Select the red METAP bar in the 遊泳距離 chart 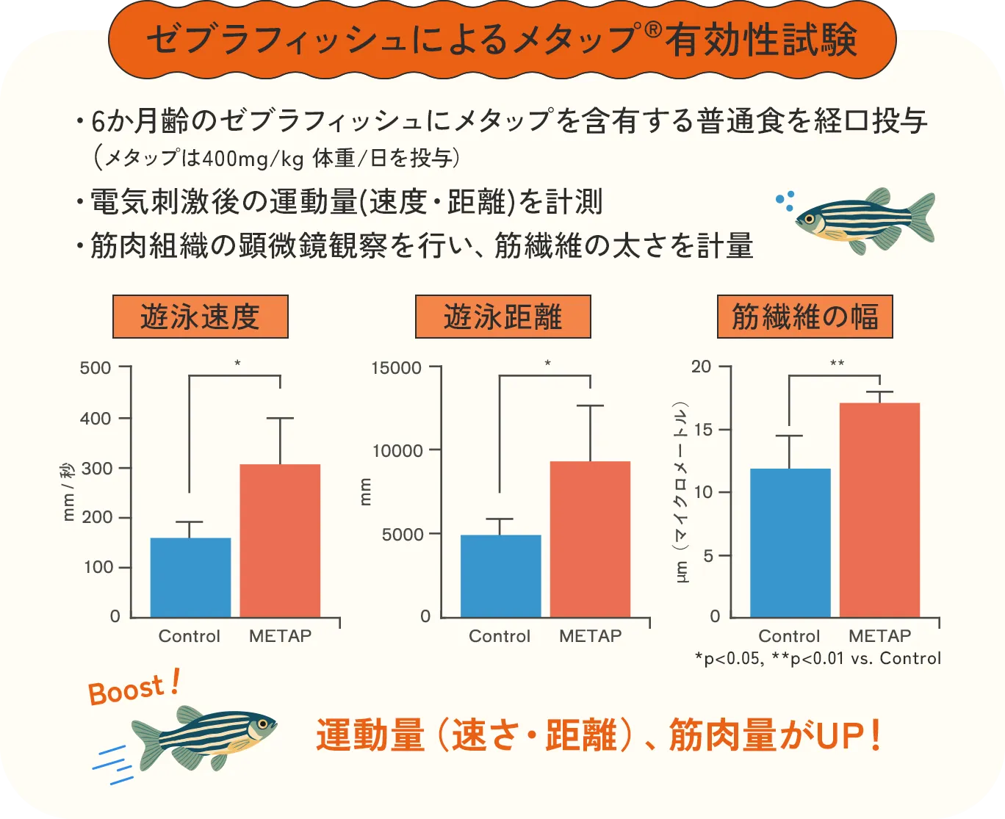click(x=590, y=539)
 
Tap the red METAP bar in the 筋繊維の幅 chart click(x=879, y=510)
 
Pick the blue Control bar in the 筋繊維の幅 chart click(x=790, y=543)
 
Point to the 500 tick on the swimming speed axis click(x=96, y=367)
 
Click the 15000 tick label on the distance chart click(x=397, y=367)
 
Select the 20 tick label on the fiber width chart click(x=702, y=367)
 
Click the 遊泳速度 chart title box click(x=200, y=317)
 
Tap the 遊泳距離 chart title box click(x=502, y=317)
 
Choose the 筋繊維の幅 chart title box click(x=804, y=317)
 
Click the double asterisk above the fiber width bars click(x=837, y=364)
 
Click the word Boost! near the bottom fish click(x=133, y=688)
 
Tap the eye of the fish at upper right click(x=810, y=219)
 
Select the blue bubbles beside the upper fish click(x=785, y=200)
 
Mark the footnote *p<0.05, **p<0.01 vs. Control click(x=818, y=658)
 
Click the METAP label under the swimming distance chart click(x=590, y=636)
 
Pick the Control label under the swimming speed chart click(x=190, y=636)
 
